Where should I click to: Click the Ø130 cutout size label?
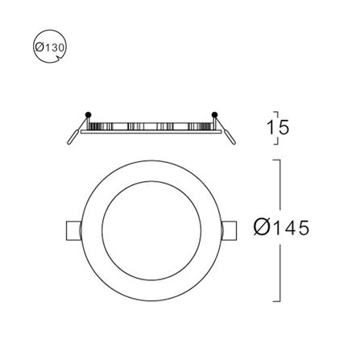[x=51, y=48]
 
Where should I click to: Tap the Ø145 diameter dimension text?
[x=280, y=229]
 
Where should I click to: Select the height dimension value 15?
[x=278, y=127]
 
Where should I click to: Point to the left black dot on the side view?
[x=89, y=114]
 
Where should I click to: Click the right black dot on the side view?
[x=215, y=114]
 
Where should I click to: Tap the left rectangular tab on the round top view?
[x=72, y=230]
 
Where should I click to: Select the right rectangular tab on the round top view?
[x=230, y=230]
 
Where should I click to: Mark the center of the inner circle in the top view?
[x=151, y=230]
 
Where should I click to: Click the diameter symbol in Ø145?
[x=261, y=229]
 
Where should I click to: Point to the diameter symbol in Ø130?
[x=40, y=48]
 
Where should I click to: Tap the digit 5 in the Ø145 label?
[x=301, y=229]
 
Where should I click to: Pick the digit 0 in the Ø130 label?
[x=60, y=48]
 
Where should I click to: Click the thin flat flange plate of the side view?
[x=151, y=132]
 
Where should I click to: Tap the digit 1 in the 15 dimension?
[x=271, y=127]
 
